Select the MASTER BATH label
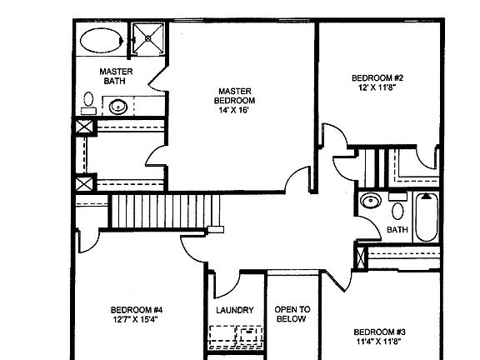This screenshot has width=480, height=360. pos(112,76)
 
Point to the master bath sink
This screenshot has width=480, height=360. pos(119,107)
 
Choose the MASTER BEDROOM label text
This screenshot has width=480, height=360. pos(234,96)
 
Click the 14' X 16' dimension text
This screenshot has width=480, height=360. pos(234,111)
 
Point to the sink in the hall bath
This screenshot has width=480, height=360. pos(371,202)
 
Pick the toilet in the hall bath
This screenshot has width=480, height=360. pos(397,208)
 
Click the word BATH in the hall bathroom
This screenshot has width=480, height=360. pos(397,230)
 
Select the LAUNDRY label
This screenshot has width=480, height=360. pos(235,311)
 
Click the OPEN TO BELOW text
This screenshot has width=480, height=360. pos(292,314)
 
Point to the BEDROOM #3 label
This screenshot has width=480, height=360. pos(379,330)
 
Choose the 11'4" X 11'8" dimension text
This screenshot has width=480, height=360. pos(379,341)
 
